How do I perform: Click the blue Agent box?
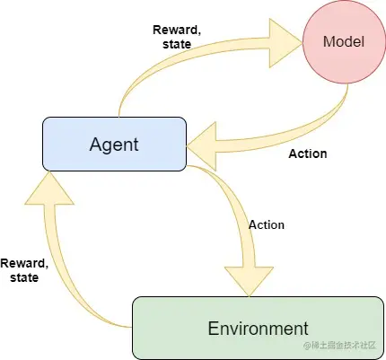114,144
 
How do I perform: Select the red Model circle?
344,41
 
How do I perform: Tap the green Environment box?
258,328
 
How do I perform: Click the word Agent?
114,145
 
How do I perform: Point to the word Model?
344,41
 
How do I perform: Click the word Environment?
258,328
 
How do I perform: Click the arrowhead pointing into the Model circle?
285,43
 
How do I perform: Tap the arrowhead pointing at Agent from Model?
202,146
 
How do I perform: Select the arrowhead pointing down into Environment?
249,281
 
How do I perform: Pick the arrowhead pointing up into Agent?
48,188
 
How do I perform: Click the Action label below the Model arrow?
308,154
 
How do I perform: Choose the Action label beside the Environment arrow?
267,225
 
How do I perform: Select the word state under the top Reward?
177,44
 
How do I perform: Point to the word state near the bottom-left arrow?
24,277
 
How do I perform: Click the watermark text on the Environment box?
340,346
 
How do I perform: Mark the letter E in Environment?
214,328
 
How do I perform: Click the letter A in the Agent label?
95,145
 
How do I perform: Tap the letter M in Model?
329,41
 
